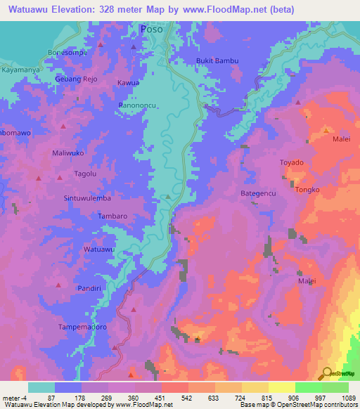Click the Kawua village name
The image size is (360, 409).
pos(128,83)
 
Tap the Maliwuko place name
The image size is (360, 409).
pos(68,152)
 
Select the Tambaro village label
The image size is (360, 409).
pos(112,216)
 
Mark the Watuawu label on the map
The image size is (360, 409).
pos(98,249)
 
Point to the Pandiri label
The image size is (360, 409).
pos(90,288)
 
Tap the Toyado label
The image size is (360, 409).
pos(292,162)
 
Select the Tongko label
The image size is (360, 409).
pos(307,190)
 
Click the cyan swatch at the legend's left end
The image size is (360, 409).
pos(41,387)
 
